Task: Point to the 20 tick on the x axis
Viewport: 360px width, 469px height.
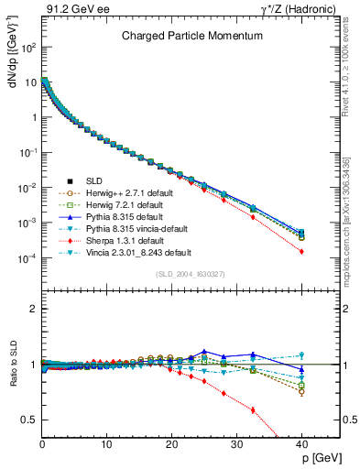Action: [171, 444]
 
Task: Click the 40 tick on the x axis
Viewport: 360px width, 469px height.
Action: [301, 444]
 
